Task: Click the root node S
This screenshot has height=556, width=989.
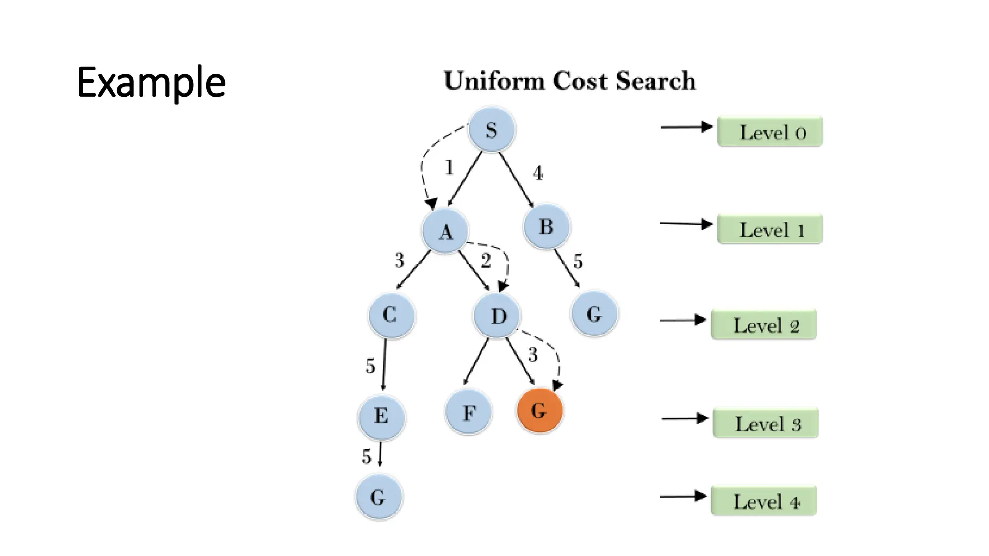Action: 492,130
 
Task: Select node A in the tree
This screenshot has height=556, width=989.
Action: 445,231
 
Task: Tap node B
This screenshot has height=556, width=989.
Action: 546,226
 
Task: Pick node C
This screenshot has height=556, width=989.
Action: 391,315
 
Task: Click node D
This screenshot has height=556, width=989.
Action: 497,316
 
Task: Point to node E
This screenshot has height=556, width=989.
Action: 381,416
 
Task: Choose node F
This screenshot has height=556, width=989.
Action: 468,413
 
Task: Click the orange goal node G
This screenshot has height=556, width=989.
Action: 539,411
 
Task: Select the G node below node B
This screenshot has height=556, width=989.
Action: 594,314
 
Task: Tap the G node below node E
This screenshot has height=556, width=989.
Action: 379,497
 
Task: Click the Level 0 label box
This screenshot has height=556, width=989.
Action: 770,131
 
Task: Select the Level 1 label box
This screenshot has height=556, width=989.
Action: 770,229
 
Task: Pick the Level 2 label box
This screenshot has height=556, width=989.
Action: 764,325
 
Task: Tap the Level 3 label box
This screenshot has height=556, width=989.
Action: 766,423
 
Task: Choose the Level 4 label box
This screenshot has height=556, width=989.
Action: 764,501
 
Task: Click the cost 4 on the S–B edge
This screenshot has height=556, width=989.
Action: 538,173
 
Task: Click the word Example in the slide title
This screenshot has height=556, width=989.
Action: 151,83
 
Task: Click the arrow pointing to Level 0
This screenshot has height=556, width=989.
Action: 686,127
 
